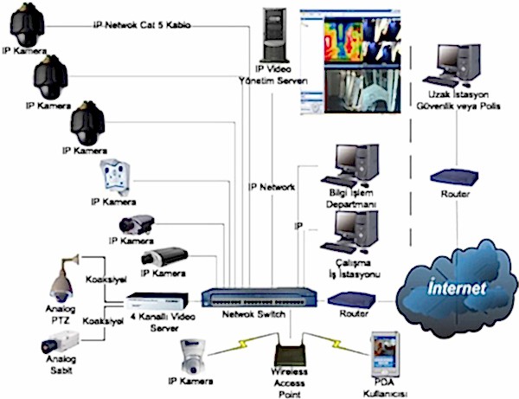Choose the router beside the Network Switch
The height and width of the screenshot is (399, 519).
pos(349,301)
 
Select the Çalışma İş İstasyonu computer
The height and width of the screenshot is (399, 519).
pos(355,228)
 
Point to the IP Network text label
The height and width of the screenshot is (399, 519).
pos(272,186)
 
